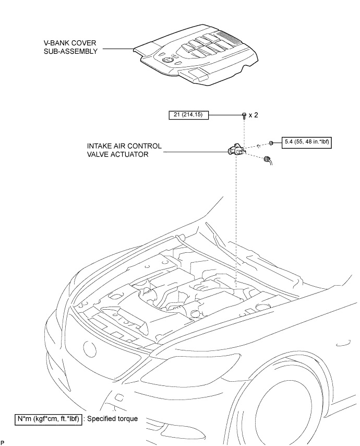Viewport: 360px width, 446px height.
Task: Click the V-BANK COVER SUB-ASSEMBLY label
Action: pyautogui.click(x=70, y=47)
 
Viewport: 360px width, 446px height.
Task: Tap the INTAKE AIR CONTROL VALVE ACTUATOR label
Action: pyautogui.click(x=124, y=150)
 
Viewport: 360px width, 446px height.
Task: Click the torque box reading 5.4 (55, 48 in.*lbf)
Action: pyautogui.click(x=307, y=142)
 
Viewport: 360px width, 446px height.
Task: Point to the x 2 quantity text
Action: pyautogui.click(x=254, y=115)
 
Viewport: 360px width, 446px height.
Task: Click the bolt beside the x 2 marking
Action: pyautogui.click(x=244, y=115)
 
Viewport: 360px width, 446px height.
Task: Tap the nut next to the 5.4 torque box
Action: pyautogui.click(x=271, y=143)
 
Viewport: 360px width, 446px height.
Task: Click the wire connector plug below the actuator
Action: pyautogui.click(x=268, y=160)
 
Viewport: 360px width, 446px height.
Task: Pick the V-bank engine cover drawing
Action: pyautogui.click(x=196, y=55)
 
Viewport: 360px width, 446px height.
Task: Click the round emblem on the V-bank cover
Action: pyautogui.click(x=167, y=60)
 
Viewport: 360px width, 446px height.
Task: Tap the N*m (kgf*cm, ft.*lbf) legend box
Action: pyautogui.click(x=49, y=419)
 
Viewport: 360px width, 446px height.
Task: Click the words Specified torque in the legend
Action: pyautogui.click(x=112, y=419)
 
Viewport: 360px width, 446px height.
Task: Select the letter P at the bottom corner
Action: pyautogui.click(x=2, y=442)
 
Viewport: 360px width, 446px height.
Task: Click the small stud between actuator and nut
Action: pyautogui.click(x=258, y=146)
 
